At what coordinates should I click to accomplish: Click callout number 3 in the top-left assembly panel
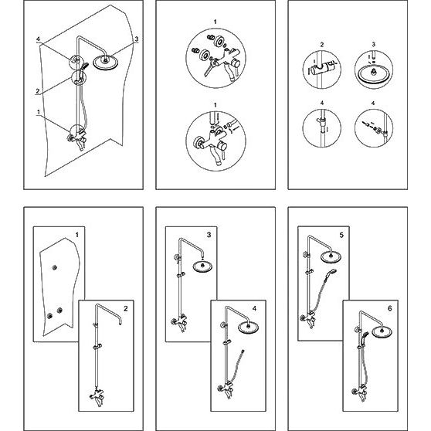(137, 39)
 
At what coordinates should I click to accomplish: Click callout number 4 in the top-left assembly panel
(38, 39)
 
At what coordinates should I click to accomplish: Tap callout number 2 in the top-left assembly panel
(38, 90)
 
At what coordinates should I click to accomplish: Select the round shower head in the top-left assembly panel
(106, 63)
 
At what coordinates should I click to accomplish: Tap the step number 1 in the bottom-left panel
(77, 235)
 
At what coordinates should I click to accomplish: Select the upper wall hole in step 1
(54, 267)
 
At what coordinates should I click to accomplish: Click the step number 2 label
(126, 309)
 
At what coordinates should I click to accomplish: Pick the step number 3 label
(209, 235)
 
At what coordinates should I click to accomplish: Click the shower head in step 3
(203, 266)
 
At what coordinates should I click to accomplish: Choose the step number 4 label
(254, 309)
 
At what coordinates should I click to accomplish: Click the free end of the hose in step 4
(243, 351)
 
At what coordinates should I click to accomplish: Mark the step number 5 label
(341, 235)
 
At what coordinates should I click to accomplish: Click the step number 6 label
(390, 309)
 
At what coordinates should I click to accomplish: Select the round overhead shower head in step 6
(382, 331)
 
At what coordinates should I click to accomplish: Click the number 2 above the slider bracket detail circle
(322, 45)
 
